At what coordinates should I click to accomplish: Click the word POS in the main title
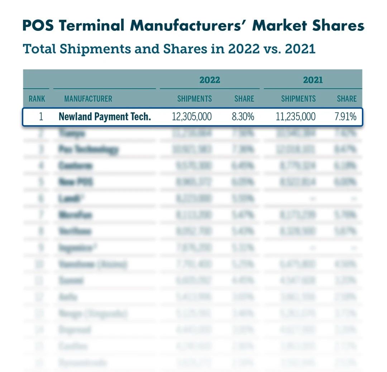click(x=38, y=26)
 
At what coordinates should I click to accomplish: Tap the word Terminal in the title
click(x=90, y=26)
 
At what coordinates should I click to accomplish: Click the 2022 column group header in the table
click(x=210, y=80)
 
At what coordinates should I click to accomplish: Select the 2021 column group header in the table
click(x=313, y=80)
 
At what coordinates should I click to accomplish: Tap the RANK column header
click(x=37, y=99)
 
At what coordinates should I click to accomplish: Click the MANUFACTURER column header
click(x=88, y=99)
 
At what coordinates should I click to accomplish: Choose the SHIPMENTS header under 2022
click(x=195, y=99)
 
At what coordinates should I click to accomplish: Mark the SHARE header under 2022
click(x=244, y=99)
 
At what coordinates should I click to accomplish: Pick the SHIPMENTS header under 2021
click(x=298, y=99)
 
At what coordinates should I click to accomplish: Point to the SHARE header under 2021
click(x=347, y=99)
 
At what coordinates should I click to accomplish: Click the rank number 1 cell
click(x=40, y=117)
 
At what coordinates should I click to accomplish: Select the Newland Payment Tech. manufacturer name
click(x=105, y=117)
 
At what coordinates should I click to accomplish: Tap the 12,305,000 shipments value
click(x=192, y=117)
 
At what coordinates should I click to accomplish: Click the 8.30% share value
click(x=243, y=117)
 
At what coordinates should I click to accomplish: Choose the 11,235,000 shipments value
click(x=296, y=117)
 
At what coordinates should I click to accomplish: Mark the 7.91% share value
click(x=345, y=117)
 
